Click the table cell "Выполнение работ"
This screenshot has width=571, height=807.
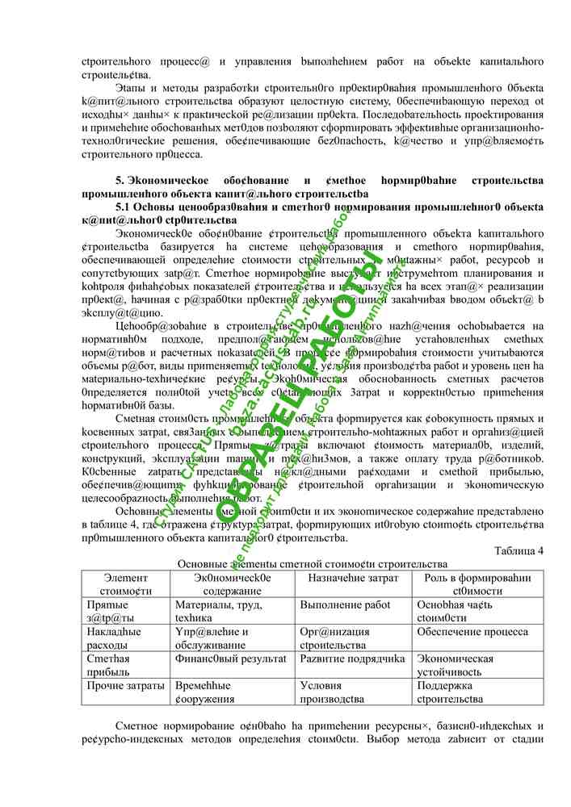point(345,604)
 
